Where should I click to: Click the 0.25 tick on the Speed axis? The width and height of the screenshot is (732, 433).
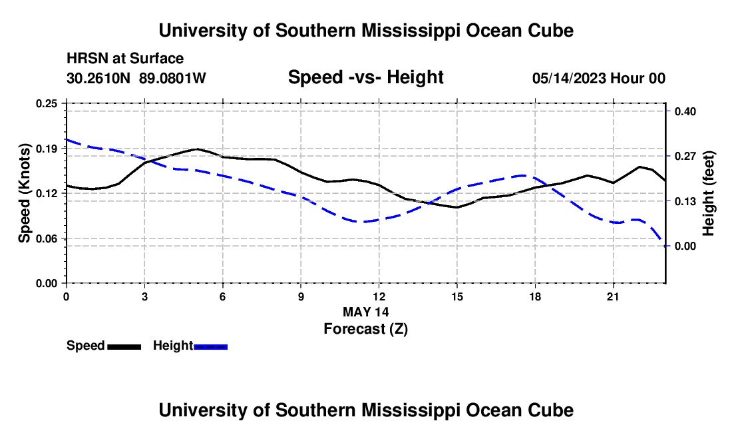click(46, 103)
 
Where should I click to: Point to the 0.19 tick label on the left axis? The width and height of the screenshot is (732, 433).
click(46, 149)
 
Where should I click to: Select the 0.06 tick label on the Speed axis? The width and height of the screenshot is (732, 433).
click(46, 238)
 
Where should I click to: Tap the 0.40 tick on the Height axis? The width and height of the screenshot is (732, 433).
click(685, 111)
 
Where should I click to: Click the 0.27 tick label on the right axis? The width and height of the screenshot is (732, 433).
click(685, 156)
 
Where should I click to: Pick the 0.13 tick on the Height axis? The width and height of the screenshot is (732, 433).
click(685, 201)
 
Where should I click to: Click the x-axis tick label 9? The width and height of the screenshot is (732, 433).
click(301, 296)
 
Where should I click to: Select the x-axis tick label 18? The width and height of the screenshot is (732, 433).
click(535, 296)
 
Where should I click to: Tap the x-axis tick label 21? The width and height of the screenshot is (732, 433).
click(613, 296)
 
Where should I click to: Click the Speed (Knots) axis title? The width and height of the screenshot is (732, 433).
click(24, 193)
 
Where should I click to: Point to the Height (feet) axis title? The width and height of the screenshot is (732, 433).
click(708, 193)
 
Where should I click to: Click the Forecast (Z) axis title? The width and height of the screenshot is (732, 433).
click(365, 329)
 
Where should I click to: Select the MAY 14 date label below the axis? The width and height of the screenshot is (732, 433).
click(365, 312)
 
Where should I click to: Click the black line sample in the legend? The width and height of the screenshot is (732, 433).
click(124, 347)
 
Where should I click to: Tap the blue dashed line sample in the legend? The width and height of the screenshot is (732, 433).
click(210, 347)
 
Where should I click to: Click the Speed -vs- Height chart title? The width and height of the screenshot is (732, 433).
click(365, 77)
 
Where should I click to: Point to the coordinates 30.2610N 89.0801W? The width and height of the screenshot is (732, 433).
click(136, 78)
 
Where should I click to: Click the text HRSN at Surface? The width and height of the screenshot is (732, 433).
click(125, 59)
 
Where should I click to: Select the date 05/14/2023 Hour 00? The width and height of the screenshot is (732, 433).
click(599, 78)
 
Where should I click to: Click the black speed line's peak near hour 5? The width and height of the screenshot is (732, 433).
click(197, 149)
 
